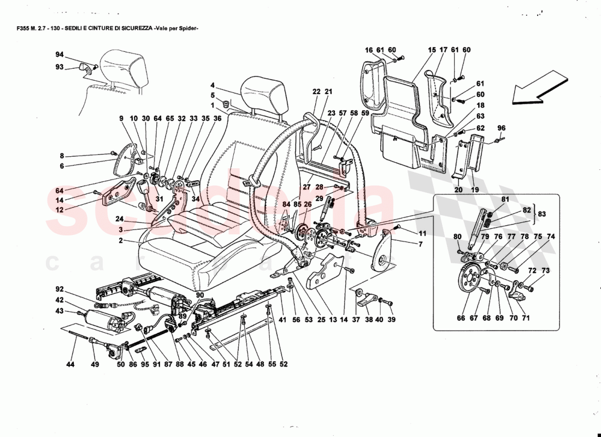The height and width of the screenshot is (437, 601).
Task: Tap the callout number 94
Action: click(59, 55)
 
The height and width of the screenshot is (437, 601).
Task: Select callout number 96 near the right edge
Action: click(502, 129)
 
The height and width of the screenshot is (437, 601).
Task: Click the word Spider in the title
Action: click(186, 28)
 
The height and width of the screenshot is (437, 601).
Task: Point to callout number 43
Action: click(59, 311)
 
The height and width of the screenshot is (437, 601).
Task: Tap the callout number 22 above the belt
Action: click(316, 92)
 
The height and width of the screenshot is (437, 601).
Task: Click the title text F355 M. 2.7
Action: click(33, 28)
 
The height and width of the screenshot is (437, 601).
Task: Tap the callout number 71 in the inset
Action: click(526, 317)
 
